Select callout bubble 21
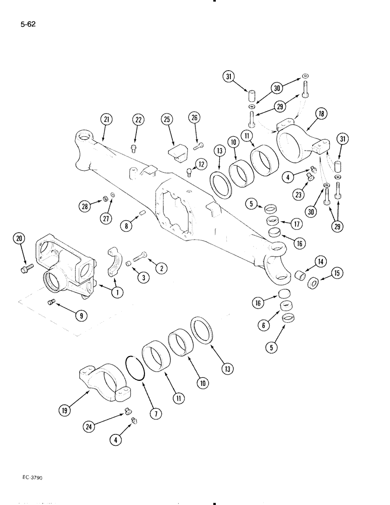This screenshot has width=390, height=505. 106,120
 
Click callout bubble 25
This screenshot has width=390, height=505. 166,120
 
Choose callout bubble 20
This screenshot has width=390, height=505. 19,238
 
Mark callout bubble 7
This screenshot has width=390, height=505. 155,414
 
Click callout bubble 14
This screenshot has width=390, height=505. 320,261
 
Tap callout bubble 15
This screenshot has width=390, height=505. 337,274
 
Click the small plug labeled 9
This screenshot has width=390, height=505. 50,302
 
